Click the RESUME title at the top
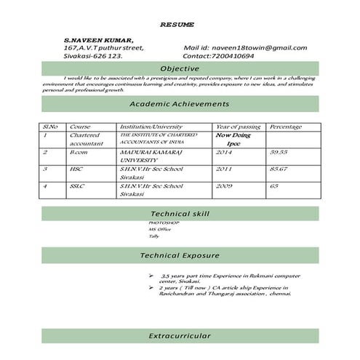coord(177,25)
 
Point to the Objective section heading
coord(180,68)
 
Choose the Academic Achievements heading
coord(179,104)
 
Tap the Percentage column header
coord(285,127)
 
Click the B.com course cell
coord(79,153)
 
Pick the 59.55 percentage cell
coord(279,153)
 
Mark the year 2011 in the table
coord(224,169)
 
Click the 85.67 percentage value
coord(279,169)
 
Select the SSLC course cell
coord(78,186)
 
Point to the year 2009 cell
coord(224,186)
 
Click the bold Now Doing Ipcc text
coord(234,139)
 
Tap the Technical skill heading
coord(179,215)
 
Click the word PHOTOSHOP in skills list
coord(161,223)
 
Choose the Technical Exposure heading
coord(179,256)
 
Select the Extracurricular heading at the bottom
coord(179,336)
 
